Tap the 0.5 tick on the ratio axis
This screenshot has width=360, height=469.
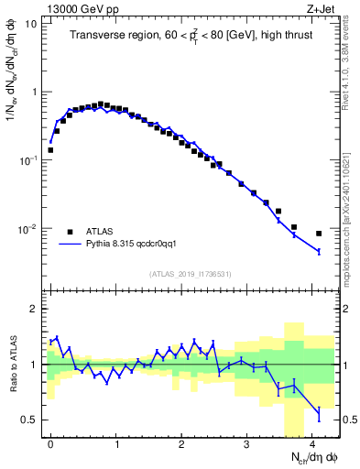coord(33,420)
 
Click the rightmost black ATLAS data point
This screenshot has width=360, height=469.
coord(319,234)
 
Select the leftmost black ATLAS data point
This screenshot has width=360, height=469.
coord(50,149)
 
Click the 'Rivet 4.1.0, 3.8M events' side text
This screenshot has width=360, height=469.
coord(351,60)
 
